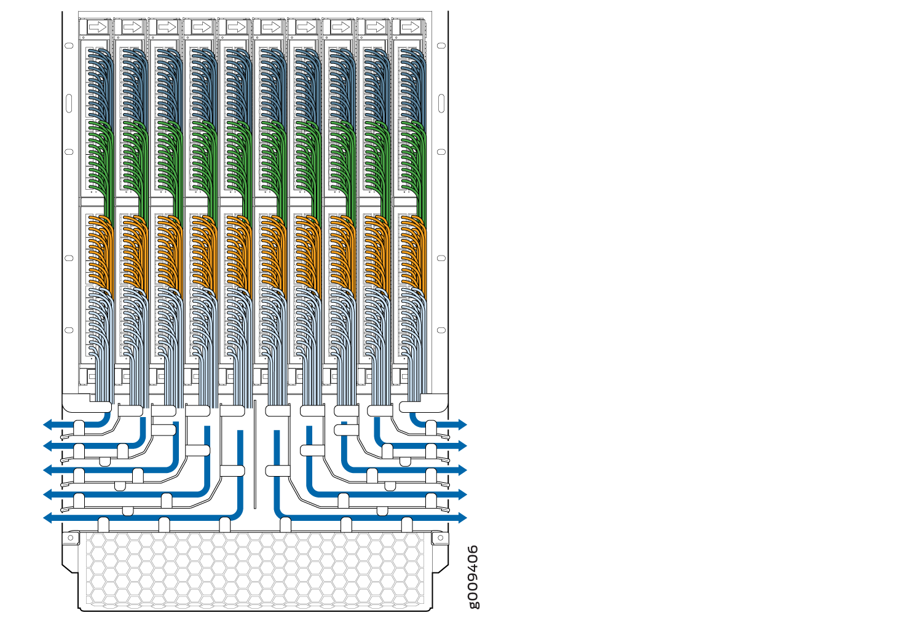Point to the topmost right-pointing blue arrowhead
[x=462, y=424]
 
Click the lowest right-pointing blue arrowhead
[x=462, y=518]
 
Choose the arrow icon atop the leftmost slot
[x=97, y=27]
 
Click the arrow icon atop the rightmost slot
[x=409, y=27]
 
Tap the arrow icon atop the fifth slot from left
[x=236, y=27]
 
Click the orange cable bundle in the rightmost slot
[x=413, y=252]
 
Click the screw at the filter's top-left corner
[x=70, y=538]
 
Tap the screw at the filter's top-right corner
[x=440, y=538]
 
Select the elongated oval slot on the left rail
[x=69, y=103]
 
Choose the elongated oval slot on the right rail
[x=441, y=103]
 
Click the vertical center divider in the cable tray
[x=254, y=455]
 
